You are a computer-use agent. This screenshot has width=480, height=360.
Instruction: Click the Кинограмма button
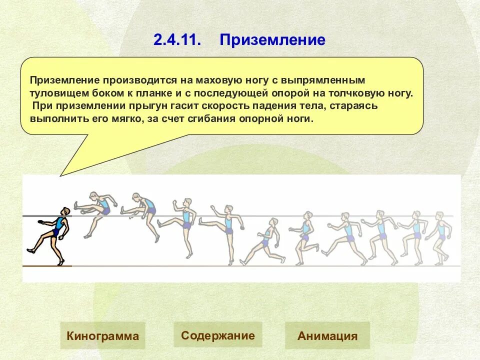102,335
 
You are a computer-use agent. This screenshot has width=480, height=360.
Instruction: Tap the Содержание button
217,335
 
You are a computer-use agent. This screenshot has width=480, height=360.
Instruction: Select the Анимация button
327,335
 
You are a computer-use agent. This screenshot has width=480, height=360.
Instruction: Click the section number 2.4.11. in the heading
177,40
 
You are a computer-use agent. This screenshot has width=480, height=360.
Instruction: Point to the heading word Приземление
272,40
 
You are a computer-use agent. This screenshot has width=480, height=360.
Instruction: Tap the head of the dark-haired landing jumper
65,212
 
